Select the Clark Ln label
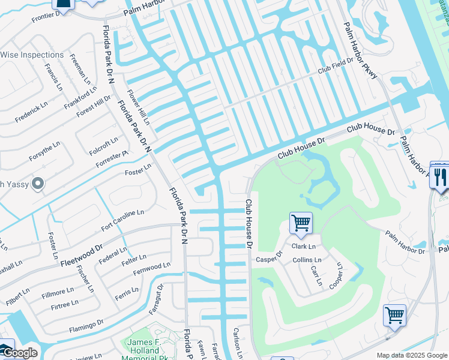pos(303,247)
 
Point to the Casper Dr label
pos(269,257)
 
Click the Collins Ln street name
pos(307,260)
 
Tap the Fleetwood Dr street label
pos(82,254)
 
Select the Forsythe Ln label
pos(44,152)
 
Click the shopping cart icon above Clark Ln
pos(300,223)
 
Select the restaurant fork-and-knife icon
pos(440,175)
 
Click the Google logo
pos(19,353)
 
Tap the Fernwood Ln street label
pos(150,268)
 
